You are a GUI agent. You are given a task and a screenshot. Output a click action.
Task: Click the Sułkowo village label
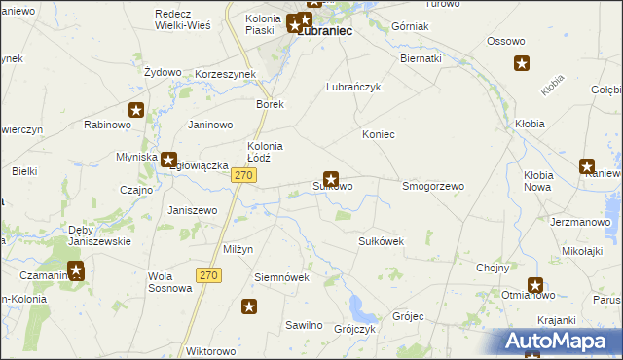point(332,186)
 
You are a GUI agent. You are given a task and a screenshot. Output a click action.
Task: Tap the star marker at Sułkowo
point(331,178)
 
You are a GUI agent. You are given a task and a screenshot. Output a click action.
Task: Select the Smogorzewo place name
point(433,185)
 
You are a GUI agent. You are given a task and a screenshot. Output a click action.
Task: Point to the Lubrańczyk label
point(352,87)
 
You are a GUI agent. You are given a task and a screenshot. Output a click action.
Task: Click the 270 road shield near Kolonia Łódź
point(243,174)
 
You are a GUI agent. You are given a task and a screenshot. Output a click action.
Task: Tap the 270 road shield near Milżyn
point(208,275)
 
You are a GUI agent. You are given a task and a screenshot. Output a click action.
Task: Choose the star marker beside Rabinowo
point(136,111)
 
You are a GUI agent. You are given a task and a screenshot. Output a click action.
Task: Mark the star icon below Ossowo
point(522,64)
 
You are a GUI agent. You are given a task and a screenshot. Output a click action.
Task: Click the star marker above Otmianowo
point(535,285)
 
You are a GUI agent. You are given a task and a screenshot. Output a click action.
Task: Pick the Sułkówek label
point(381,240)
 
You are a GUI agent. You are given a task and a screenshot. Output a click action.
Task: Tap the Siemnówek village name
point(281,277)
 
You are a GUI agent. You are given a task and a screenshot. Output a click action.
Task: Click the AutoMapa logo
point(561,342)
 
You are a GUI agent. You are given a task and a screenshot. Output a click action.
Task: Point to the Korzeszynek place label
point(225,74)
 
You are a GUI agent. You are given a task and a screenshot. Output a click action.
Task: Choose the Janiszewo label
point(192,210)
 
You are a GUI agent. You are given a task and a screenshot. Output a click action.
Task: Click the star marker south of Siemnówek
point(249,307)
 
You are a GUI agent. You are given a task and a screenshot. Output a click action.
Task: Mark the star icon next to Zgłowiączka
point(168,160)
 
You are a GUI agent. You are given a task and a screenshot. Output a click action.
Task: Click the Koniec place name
point(378,134)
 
